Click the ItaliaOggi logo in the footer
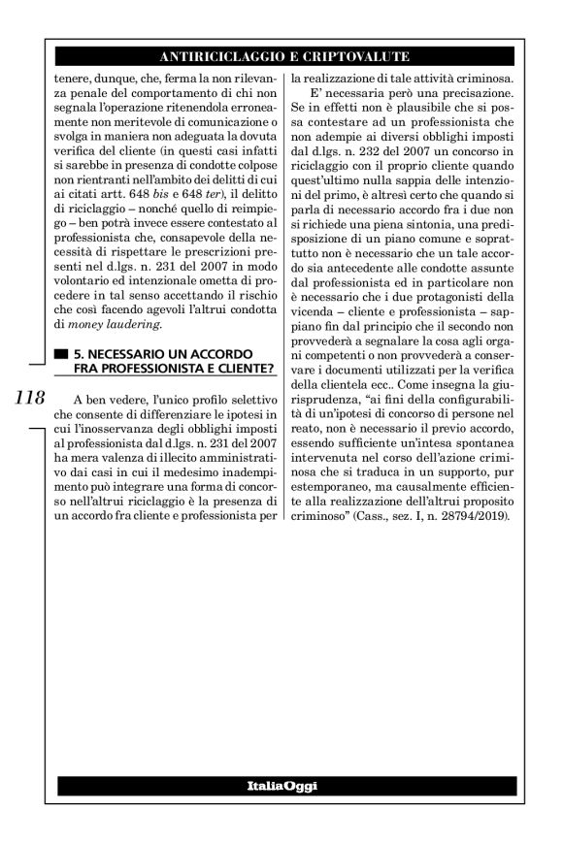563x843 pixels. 281,785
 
